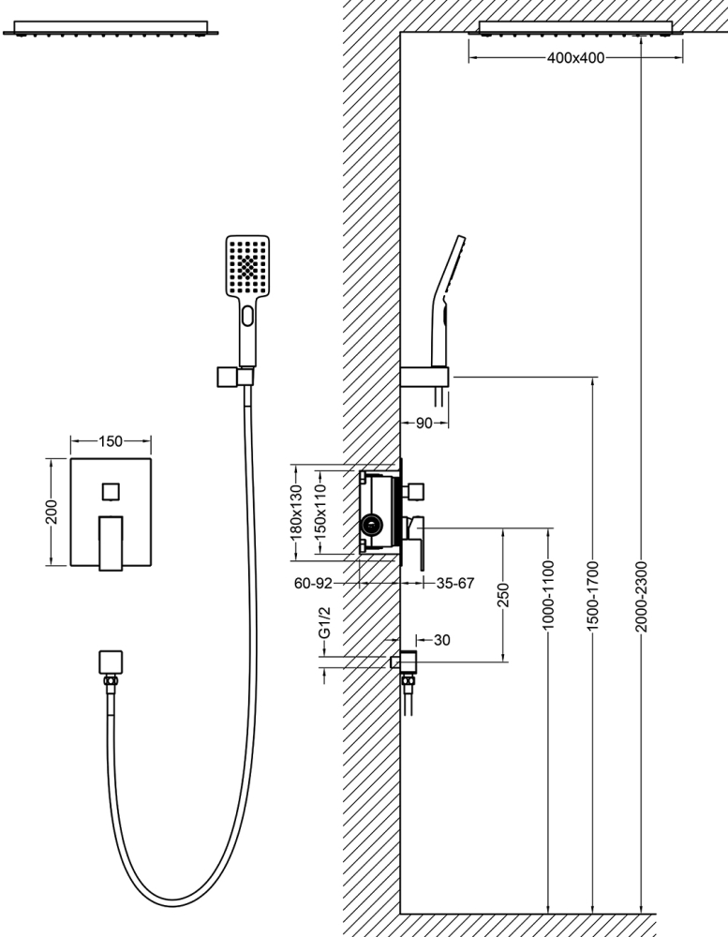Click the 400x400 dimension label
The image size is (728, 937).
click(x=575, y=58)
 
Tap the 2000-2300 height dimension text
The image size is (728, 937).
click(x=641, y=596)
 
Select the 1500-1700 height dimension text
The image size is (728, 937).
click(x=592, y=596)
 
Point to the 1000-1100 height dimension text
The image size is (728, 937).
click(x=548, y=595)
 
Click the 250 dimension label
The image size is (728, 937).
click(x=503, y=595)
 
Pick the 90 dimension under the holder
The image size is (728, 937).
click(x=423, y=424)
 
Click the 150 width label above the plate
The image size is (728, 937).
click(x=111, y=441)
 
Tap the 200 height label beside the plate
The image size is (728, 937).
click(x=52, y=512)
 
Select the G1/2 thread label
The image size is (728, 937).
click(x=324, y=622)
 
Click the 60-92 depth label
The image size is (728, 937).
click(x=313, y=583)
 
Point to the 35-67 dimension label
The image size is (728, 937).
click(x=455, y=583)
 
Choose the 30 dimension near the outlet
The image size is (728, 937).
click(x=441, y=640)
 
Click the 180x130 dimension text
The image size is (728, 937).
click(x=297, y=512)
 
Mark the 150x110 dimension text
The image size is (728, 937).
click(x=320, y=512)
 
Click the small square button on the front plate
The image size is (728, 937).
click(x=111, y=492)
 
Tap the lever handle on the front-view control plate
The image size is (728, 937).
click(x=111, y=542)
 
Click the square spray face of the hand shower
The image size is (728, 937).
click(x=248, y=265)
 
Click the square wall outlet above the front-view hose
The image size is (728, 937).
click(x=111, y=662)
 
